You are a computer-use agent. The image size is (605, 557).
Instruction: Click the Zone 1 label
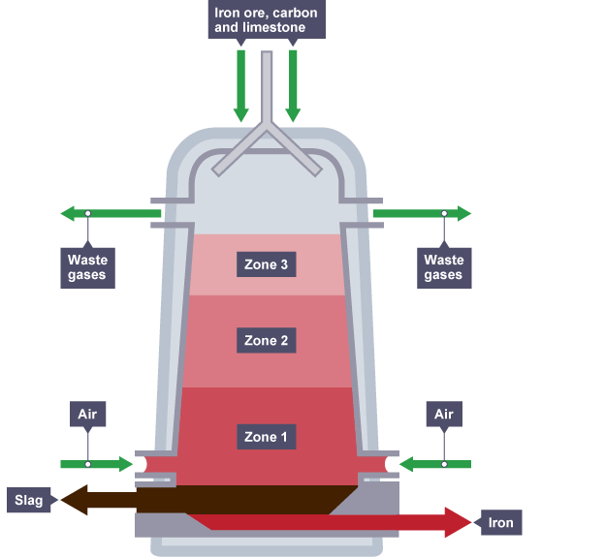point(267,437)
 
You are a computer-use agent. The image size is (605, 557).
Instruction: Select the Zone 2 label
point(267,341)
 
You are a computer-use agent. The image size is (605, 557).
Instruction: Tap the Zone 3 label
point(267,263)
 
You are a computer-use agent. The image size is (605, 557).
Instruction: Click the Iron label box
point(501,523)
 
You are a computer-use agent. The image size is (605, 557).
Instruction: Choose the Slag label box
point(28,501)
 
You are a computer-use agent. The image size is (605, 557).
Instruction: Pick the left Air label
point(88,415)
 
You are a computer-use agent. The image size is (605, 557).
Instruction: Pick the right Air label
point(444,415)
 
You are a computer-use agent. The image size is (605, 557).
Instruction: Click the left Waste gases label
point(87,267)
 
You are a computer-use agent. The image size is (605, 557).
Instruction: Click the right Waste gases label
point(444,267)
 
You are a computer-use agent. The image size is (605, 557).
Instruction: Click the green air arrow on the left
point(97,465)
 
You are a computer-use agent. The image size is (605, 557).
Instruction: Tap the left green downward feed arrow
point(241,87)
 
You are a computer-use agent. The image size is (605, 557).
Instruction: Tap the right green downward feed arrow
point(293,87)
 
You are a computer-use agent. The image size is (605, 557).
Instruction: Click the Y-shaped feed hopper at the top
point(267,136)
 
